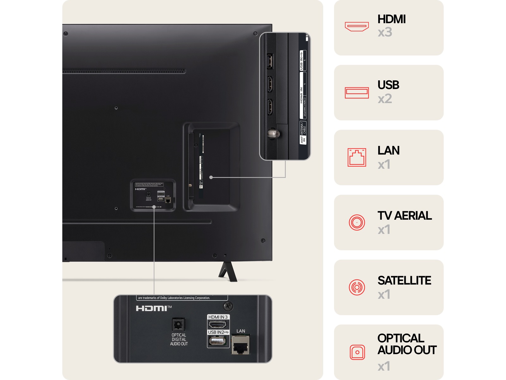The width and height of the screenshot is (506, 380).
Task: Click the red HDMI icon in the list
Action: click(x=357, y=27)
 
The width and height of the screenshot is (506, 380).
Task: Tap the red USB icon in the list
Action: click(x=357, y=92)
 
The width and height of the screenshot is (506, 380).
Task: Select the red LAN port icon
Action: click(x=357, y=157)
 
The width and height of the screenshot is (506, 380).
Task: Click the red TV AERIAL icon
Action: click(x=357, y=222)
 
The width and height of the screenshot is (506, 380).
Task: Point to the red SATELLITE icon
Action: click(x=357, y=287)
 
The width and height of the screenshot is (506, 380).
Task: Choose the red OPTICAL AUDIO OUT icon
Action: click(x=357, y=352)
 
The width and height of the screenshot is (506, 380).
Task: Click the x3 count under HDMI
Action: click(x=385, y=32)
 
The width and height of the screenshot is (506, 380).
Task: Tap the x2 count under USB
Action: click(x=385, y=99)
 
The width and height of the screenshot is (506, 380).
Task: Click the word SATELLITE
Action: click(x=404, y=281)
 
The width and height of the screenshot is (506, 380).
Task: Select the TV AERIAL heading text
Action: click(x=404, y=216)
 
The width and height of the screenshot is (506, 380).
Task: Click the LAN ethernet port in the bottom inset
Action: click(x=241, y=345)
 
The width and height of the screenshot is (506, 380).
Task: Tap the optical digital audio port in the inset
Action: click(x=178, y=325)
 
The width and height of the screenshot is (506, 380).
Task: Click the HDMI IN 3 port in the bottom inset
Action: click(x=218, y=325)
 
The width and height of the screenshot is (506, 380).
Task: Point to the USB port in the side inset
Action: click(x=270, y=61)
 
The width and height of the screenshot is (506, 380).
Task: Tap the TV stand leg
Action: click(x=228, y=272)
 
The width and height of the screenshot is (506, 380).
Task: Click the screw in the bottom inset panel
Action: click(x=228, y=306)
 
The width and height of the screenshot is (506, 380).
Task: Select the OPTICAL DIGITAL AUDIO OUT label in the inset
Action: click(x=179, y=339)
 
